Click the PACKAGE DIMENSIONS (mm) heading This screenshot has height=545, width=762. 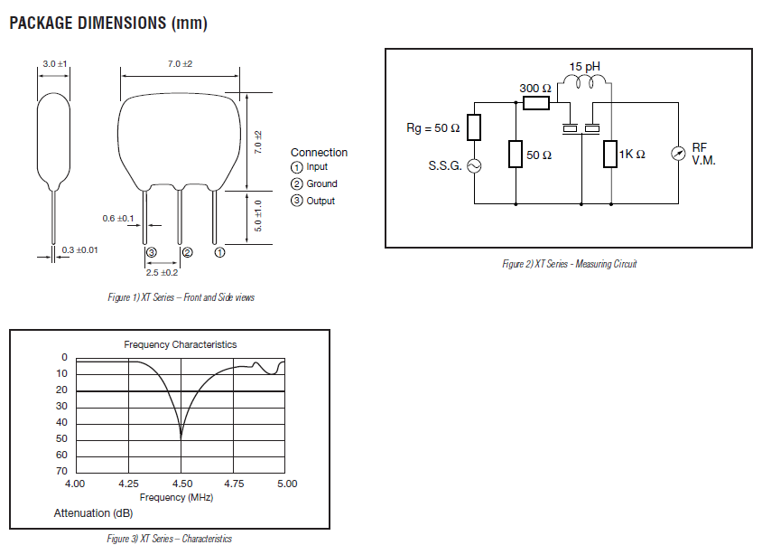(108, 23)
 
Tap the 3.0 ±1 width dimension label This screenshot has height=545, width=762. (55, 64)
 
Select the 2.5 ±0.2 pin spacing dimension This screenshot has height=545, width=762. (163, 272)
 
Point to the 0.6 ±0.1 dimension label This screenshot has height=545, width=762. (118, 219)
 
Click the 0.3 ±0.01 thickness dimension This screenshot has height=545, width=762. (79, 249)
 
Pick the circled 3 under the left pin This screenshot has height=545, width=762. (151, 252)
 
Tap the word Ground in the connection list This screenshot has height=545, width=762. (322, 183)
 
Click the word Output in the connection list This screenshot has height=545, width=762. (321, 201)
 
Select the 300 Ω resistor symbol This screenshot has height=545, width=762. (535, 103)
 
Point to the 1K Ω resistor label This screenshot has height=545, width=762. (632, 155)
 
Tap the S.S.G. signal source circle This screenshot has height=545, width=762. (473, 166)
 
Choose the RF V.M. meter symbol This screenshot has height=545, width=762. (678, 154)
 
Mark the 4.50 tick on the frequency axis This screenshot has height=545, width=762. (181, 484)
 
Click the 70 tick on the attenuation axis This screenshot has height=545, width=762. (62, 471)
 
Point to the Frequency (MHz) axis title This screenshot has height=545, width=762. (176, 497)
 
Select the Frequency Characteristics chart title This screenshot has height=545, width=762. (180, 344)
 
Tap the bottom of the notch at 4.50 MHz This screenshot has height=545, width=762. (181, 437)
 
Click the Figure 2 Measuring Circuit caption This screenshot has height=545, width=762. (569, 264)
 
